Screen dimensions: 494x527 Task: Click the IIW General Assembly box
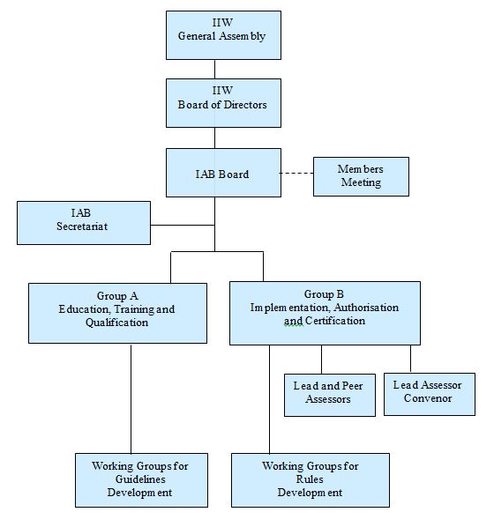[x=223, y=35]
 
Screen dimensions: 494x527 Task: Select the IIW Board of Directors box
[x=223, y=103]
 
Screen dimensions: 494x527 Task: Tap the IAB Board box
[x=223, y=173]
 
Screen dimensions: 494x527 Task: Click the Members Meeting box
[x=361, y=176]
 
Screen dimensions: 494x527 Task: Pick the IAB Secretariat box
[x=84, y=223]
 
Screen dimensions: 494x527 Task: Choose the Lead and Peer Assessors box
[x=330, y=395]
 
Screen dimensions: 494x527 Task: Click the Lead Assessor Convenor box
[x=430, y=394]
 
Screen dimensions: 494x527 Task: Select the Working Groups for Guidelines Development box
[x=141, y=480]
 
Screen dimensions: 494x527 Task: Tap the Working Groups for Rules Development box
[x=311, y=480]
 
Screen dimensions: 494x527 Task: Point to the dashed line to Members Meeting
[x=296, y=173]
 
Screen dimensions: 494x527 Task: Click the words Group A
[x=117, y=296]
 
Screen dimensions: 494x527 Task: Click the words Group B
[x=324, y=294]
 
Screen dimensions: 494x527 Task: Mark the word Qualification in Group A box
[x=116, y=323]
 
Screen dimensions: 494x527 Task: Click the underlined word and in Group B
[x=294, y=321]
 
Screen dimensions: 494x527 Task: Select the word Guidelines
[x=140, y=479]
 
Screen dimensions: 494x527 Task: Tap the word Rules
[x=310, y=479]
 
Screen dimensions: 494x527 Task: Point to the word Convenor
[x=428, y=398]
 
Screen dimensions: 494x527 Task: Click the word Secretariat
[x=82, y=226]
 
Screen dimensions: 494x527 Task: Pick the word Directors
[x=245, y=105]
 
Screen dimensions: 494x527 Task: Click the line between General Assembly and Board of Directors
[x=214, y=70]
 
